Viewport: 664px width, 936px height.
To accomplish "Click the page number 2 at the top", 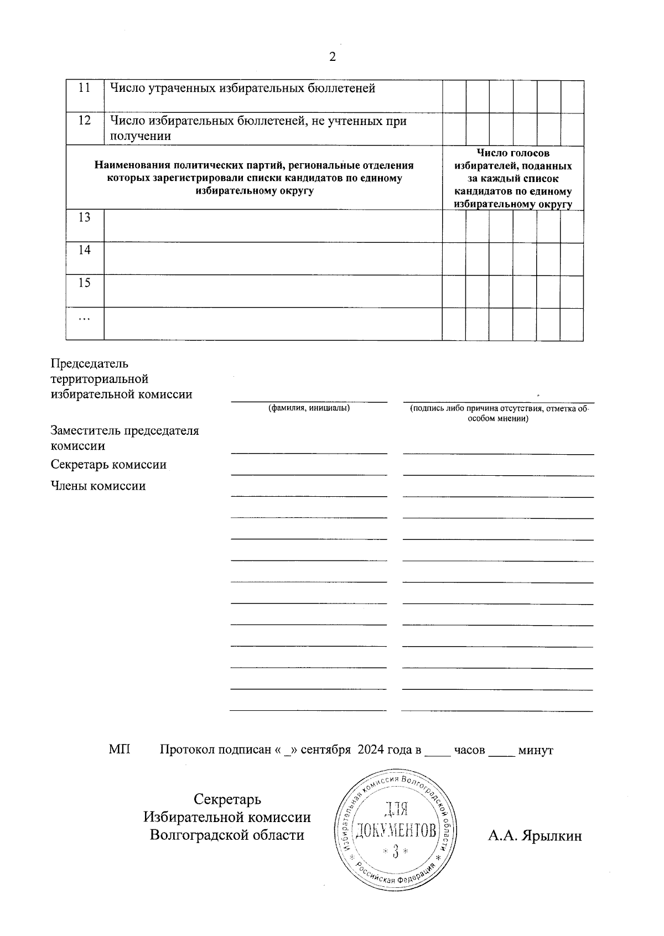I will (333, 57).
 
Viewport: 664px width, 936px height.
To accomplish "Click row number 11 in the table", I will (84, 88).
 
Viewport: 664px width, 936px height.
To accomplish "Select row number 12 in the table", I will (84, 120).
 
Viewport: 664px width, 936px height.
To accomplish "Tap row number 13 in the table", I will (84, 217).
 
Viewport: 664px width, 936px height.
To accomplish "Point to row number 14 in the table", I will (84, 250).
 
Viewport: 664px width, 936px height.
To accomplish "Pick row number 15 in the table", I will (84, 283).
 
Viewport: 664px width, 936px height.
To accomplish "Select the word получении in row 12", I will (141, 136).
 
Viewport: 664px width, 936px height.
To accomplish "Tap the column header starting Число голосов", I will (513, 178).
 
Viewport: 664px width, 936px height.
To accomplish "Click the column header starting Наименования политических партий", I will (254, 178).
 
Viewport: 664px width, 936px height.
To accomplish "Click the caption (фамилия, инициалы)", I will (309, 408).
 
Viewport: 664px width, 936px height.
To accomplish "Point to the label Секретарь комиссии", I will (108, 465).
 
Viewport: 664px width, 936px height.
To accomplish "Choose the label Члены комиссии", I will (98, 486).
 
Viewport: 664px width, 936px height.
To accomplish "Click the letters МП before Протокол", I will (120, 750).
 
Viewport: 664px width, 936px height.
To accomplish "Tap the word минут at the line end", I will (535, 751).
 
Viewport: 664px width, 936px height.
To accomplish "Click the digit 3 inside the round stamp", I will (395, 852).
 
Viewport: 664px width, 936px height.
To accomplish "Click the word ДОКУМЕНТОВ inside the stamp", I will (395, 830).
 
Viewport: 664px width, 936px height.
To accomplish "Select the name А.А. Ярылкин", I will (535, 836).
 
